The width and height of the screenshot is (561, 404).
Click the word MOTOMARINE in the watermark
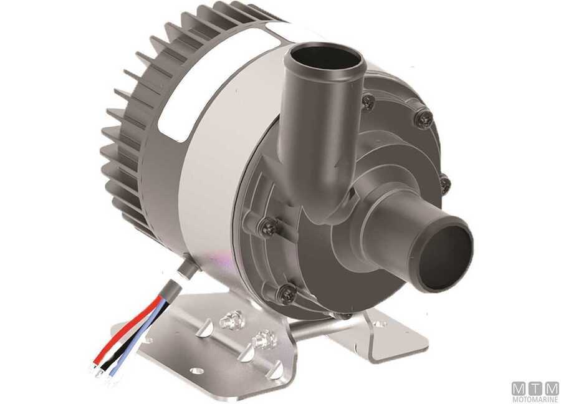tap(535, 398)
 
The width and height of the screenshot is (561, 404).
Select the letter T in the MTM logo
tap(535, 388)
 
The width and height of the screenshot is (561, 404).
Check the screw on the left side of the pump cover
tap(268, 228)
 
